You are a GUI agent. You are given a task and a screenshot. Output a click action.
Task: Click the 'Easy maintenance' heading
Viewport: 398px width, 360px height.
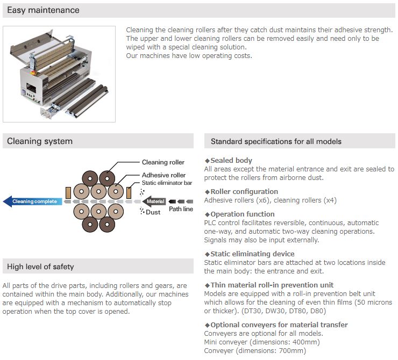point(43,10)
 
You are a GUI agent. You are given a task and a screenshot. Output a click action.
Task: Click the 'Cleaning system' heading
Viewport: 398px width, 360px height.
point(40,141)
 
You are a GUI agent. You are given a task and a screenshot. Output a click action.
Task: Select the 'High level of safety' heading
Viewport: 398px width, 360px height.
point(40,267)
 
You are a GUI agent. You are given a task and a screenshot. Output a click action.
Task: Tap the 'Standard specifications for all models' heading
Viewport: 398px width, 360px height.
point(276,142)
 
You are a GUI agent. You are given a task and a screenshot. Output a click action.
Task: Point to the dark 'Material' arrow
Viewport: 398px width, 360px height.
point(154,201)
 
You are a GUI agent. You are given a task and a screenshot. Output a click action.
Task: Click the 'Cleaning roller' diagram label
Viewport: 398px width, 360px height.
point(163,162)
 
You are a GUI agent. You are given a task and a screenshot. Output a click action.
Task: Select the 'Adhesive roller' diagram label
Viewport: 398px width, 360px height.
point(164,175)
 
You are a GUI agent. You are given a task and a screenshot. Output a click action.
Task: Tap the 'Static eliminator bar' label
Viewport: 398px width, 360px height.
point(167,183)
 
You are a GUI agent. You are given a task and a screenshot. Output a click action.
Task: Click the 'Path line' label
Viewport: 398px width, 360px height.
point(181,209)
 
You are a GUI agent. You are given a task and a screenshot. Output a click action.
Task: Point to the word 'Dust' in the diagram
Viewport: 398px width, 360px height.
point(153,212)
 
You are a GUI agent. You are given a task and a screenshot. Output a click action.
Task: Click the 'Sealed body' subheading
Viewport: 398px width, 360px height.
point(231,161)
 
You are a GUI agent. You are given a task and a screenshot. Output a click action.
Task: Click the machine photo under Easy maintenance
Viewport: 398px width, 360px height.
point(59,74)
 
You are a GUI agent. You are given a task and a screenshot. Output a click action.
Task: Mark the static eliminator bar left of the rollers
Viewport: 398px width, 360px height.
point(68,192)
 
